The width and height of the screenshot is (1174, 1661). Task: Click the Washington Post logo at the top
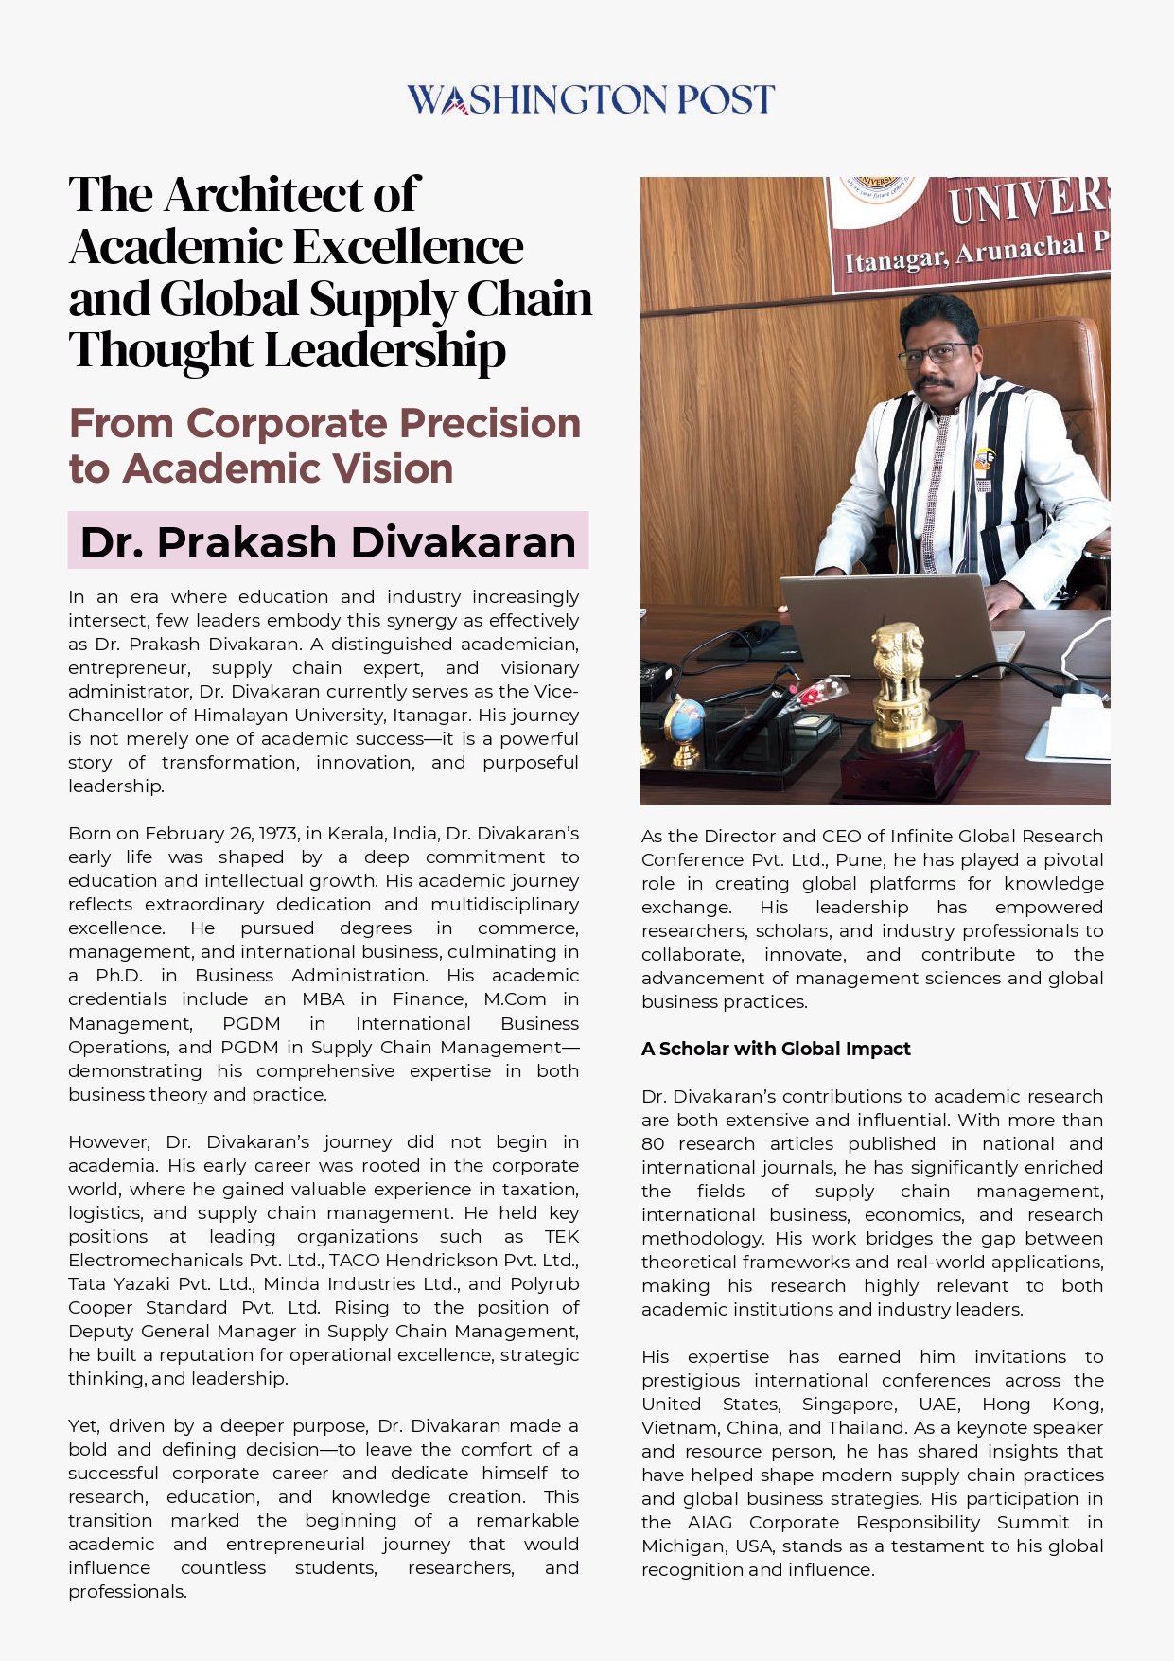tap(590, 99)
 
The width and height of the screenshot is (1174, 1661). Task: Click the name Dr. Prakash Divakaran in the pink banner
tap(327, 542)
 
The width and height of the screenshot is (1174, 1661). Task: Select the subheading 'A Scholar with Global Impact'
tap(776, 1049)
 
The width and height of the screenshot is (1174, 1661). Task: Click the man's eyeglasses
tap(935, 354)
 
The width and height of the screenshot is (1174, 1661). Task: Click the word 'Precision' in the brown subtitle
tap(488, 423)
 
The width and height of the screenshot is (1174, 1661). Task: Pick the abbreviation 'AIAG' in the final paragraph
tap(710, 1522)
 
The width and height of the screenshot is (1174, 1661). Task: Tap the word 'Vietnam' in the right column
tap(677, 1427)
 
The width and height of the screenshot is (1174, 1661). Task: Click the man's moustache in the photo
tap(934, 382)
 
